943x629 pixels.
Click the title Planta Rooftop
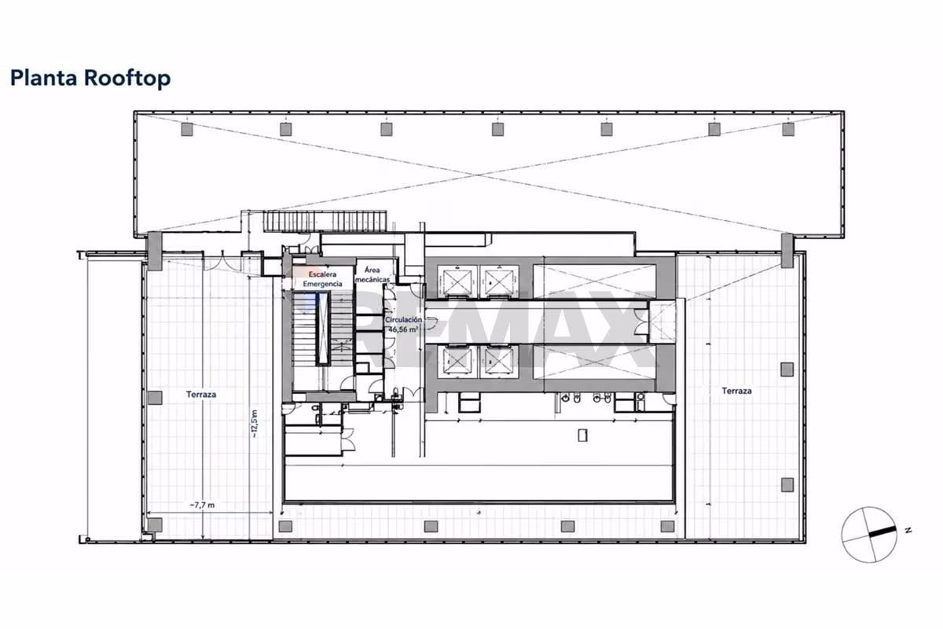coord(90,79)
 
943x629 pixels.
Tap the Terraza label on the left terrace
coord(201,395)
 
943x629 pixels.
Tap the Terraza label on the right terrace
coord(737,391)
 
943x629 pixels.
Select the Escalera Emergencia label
coord(322,279)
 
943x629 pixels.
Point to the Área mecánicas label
coord(372,274)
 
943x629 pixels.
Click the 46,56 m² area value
coord(403,329)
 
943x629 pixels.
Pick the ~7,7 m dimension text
coord(202,505)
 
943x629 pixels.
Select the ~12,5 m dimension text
coord(254,424)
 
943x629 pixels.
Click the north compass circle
coord(869,534)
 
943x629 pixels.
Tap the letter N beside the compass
coord(908,530)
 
